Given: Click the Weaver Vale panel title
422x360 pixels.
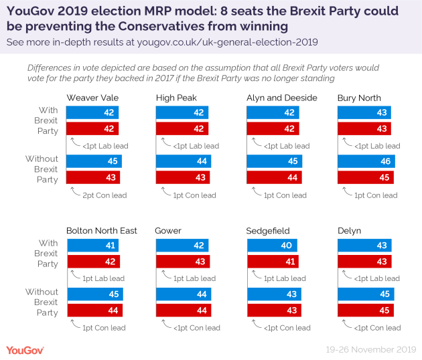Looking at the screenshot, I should [x=92, y=98].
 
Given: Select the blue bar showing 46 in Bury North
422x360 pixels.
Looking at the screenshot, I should [x=366, y=161].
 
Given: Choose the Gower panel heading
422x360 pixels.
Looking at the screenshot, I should [x=169, y=231].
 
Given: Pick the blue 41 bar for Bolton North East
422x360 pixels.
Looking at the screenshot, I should [x=92, y=246].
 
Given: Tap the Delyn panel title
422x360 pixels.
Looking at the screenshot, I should [x=350, y=231].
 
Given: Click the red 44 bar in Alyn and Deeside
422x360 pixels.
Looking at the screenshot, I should [x=274, y=178].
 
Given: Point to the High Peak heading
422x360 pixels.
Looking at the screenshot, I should [x=176, y=98].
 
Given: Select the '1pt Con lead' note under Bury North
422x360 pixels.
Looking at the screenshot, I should [x=376, y=195].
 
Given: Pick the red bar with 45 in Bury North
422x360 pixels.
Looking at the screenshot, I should [x=365, y=178].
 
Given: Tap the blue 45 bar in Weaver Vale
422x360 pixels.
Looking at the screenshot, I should [x=94, y=161].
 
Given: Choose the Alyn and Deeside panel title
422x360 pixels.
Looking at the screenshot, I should [x=282, y=98].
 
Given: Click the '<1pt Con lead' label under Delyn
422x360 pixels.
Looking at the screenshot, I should [x=376, y=328].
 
